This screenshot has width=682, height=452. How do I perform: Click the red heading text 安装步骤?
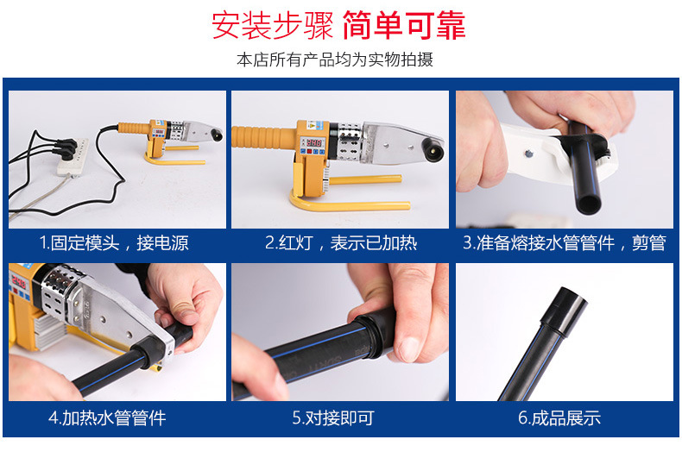(272, 25)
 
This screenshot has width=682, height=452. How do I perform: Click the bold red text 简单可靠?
(404, 25)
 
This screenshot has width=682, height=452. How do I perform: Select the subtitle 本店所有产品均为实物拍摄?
(335, 60)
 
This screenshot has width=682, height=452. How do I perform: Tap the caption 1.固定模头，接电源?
(114, 242)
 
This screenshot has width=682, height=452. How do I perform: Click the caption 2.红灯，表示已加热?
(341, 242)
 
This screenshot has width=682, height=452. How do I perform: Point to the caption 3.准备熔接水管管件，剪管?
(564, 242)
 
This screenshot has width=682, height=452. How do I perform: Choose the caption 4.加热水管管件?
(107, 417)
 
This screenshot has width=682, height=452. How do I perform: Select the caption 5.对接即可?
(333, 417)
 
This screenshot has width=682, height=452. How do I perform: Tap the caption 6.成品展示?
(559, 417)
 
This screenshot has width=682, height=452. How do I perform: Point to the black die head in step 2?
(433, 150)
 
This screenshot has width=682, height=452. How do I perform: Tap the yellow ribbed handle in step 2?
(264, 136)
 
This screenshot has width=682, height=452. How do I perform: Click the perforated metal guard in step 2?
(348, 141)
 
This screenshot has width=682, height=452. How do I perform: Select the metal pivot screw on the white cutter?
(528, 153)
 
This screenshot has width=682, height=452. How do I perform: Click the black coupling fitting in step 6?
(564, 311)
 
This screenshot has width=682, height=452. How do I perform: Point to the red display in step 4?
(17, 282)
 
